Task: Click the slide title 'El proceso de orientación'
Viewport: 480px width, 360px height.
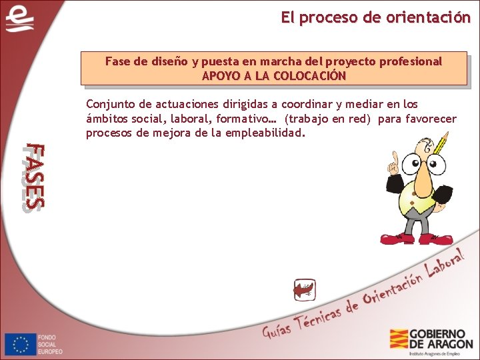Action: coord(375,18)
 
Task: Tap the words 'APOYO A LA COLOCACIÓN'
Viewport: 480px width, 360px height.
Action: coord(274,76)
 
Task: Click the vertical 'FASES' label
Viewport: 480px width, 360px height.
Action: coord(33,177)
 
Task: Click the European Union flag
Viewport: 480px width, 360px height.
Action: coord(21,344)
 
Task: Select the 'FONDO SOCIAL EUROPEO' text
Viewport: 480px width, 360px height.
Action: coord(51,344)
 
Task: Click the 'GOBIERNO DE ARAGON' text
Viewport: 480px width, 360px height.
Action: coord(441,339)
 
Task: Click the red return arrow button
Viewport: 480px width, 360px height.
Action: coord(304,290)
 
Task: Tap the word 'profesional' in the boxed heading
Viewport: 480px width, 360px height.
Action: coord(411,61)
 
